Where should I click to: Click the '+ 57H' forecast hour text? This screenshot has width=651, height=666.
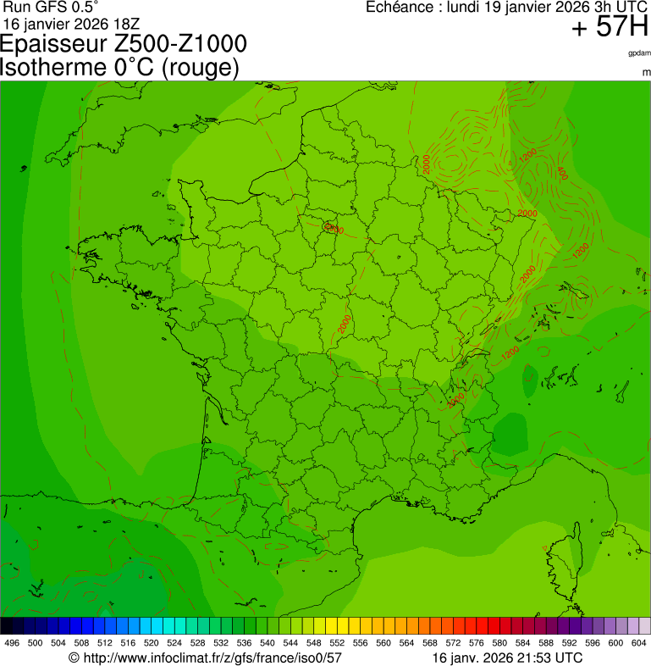[609, 28]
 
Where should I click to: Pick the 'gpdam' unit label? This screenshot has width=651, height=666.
[639, 53]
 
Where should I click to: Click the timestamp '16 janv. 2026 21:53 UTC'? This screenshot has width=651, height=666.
[507, 657]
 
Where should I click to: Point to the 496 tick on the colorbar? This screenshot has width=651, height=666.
[12, 643]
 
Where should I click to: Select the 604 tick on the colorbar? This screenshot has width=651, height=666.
[639, 643]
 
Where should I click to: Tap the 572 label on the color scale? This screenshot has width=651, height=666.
[454, 643]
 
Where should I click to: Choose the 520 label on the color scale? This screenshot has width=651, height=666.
[151, 643]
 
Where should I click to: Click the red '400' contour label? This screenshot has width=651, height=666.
[562, 173]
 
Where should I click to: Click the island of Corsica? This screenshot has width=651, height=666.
[564, 555]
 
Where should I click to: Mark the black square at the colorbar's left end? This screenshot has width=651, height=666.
[6, 626]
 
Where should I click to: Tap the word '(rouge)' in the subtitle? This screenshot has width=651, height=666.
[199, 68]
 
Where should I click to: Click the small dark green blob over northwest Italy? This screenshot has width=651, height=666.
[510, 434]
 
